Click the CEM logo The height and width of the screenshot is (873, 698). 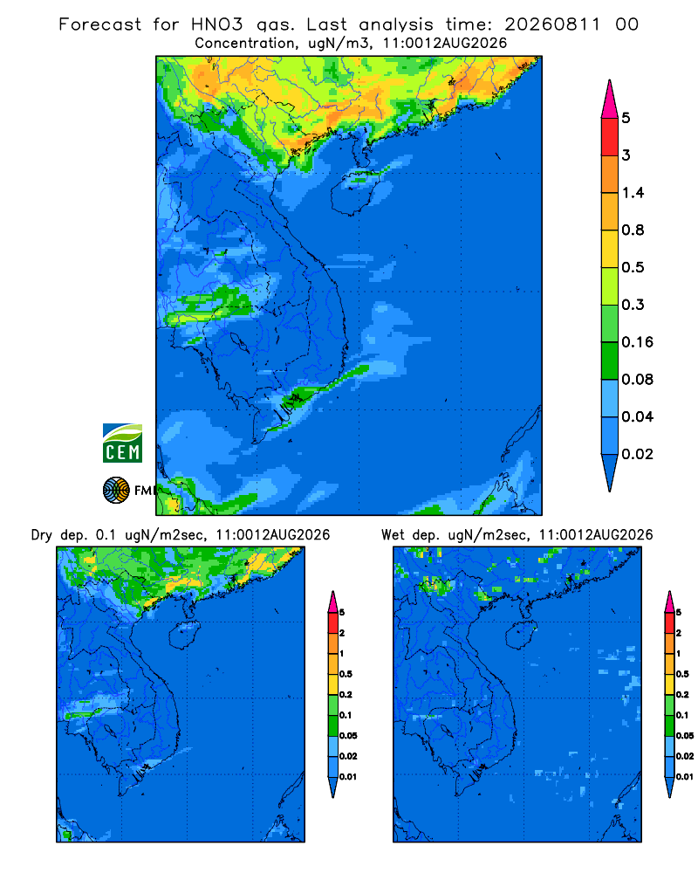pos(122,443)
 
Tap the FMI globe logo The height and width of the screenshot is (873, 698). pos(116,490)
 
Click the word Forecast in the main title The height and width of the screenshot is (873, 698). pos(100,24)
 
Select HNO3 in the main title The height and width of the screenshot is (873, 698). pos(217,24)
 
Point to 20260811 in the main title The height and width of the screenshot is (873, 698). pos(552,24)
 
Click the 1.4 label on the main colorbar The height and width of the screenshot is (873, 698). pos(633,193)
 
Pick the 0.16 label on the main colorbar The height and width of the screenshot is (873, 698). pos(637,342)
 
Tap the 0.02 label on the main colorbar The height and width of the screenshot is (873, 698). pos(637,454)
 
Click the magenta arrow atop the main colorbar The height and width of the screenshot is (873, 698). pos(610,100)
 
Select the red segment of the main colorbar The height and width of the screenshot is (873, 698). pos(610,137)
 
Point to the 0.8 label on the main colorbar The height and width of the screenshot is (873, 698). pos(633,230)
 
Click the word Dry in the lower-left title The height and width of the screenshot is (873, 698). pos(42,535)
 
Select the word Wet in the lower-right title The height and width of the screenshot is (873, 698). pos(393,535)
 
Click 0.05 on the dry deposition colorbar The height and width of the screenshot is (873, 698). pos(348,735)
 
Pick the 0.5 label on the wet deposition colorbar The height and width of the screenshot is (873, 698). pos(681,674)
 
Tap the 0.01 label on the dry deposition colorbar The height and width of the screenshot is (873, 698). pos(348,777)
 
